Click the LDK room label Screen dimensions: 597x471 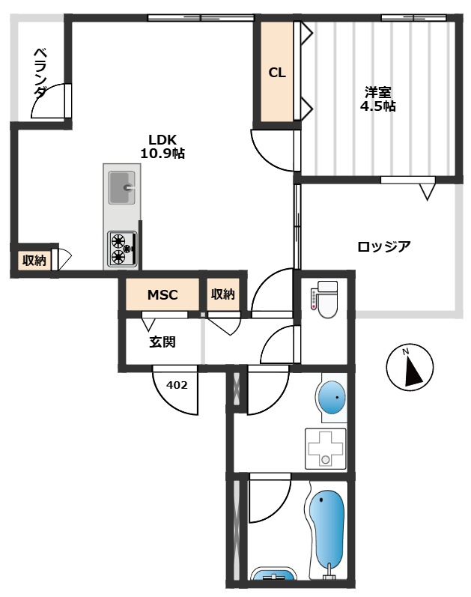click(x=162, y=139)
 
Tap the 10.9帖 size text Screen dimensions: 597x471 click(x=162, y=154)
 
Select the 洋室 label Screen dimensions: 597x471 click(x=378, y=93)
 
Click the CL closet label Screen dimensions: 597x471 click(x=277, y=73)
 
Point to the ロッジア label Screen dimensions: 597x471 click(x=383, y=246)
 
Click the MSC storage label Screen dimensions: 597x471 click(x=162, y=294)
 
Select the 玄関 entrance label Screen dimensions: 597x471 click(x=162, y=342)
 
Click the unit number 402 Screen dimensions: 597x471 click(x=177, y=385)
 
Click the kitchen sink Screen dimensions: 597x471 click(x=121, y=187)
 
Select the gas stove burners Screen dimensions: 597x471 click(x=121, y=249)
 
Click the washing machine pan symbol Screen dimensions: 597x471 click(x=325, y=448)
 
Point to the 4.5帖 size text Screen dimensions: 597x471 click(x=378, y=106)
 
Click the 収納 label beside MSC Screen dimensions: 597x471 click(x=222, y=294)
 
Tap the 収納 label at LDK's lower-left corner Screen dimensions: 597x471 click(x=34, y=261)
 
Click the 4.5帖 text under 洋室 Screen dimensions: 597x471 click(x=378, y=106)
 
